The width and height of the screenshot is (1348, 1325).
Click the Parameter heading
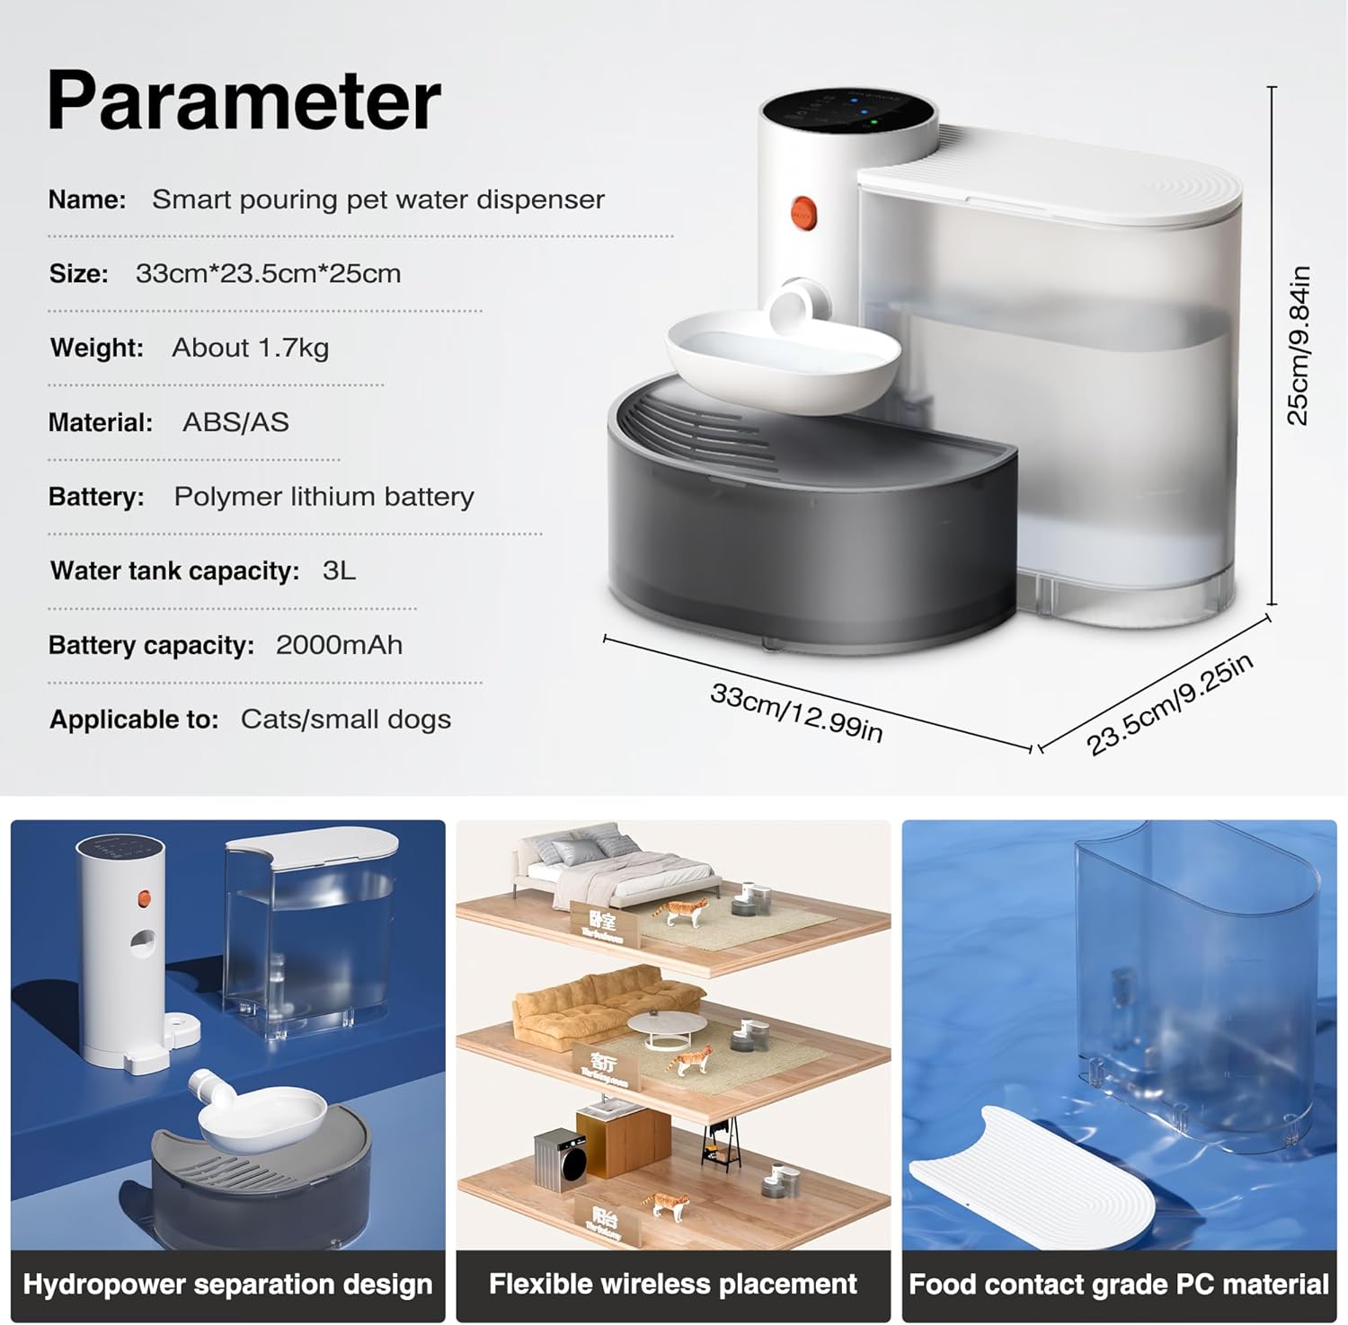(244, 100)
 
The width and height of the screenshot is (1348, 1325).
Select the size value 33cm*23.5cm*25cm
(268, 274)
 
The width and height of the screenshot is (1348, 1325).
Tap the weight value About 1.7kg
(250, 348)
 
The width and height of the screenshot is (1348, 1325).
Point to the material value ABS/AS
(235, 422)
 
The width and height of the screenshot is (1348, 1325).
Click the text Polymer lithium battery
(324, 497)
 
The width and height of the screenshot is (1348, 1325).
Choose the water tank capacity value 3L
(339, 571)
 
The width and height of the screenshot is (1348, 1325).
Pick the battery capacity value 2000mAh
(339, 645)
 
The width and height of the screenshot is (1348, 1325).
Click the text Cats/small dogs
(345, 720)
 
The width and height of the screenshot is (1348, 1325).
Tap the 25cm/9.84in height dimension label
(1299, 345)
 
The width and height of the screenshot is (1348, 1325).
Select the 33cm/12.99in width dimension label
(796, 712)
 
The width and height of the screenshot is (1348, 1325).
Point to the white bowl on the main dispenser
(782, 359)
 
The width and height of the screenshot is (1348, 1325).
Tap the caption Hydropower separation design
(227, 1285)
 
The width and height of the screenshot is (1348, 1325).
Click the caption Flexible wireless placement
(673, 1285)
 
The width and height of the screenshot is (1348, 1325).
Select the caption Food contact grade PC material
(1119, 1285)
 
